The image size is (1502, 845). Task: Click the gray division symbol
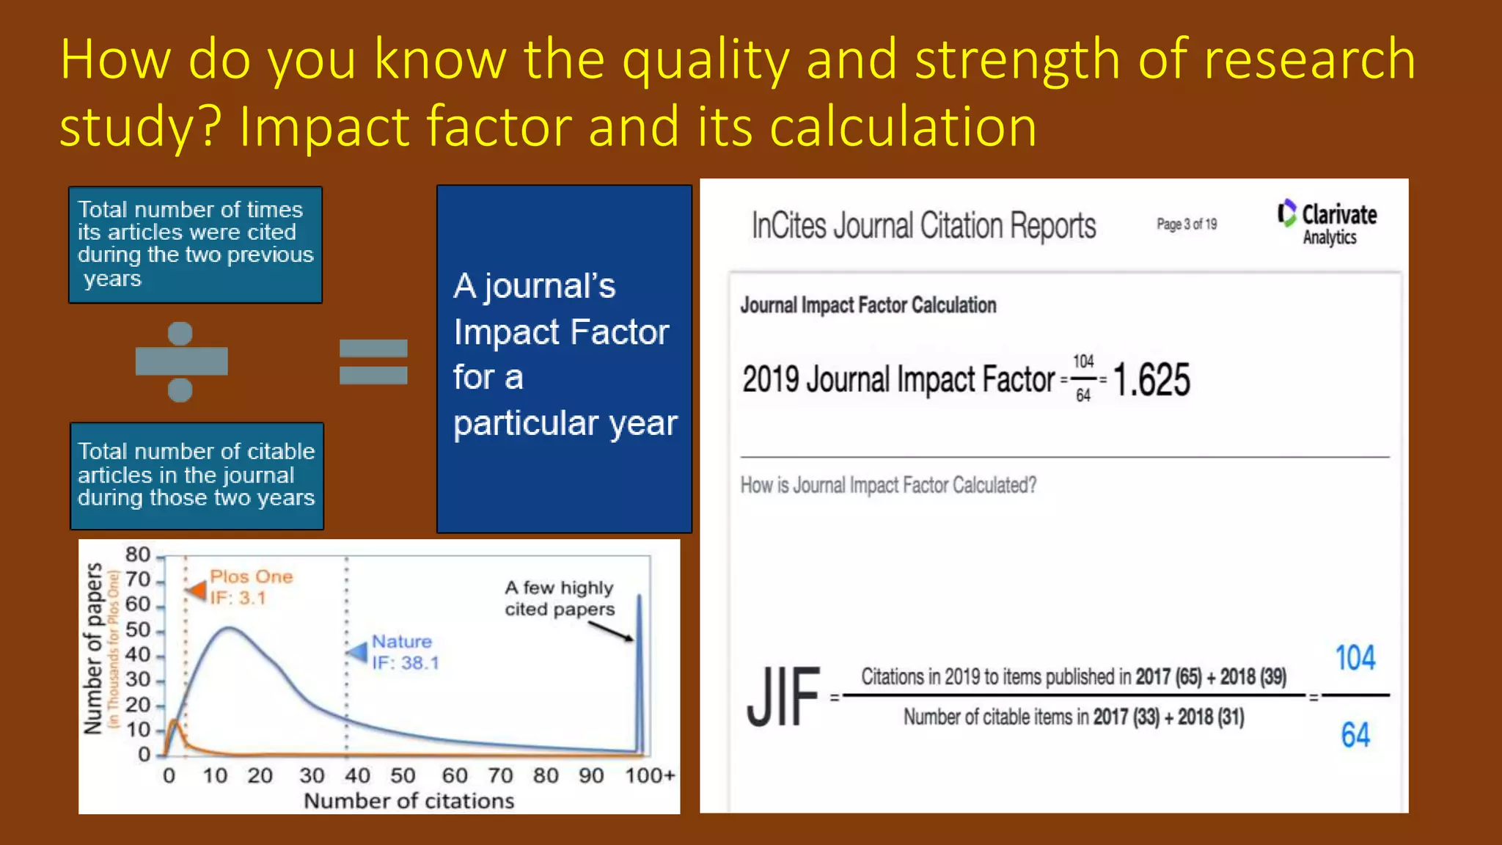pos(181,362)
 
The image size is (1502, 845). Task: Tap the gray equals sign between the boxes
pos(373,362)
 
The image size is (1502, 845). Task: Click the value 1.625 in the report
pos(1151,380)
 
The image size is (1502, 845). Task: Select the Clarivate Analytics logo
pos(1327,222)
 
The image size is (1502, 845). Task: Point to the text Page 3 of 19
pos(1186,224)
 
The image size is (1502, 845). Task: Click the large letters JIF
pos(783,697)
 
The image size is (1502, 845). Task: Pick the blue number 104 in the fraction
pos(1355,658)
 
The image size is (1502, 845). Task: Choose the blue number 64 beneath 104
pos(1355,735)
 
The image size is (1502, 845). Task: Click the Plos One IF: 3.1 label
pos(251,587)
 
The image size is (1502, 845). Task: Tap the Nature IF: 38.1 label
pos(405,652)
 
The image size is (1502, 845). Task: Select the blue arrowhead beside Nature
pos(358,651)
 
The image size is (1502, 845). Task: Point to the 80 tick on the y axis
pos(138,555)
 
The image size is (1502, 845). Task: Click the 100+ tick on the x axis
pos(649,776)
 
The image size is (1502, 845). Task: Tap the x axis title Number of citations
pos(409,801)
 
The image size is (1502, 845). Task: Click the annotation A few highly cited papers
pos(559,599)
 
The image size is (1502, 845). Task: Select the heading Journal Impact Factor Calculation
pos(868,305)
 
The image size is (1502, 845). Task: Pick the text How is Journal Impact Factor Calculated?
pos(888,486)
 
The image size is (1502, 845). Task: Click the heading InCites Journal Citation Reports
pos(923,225)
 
